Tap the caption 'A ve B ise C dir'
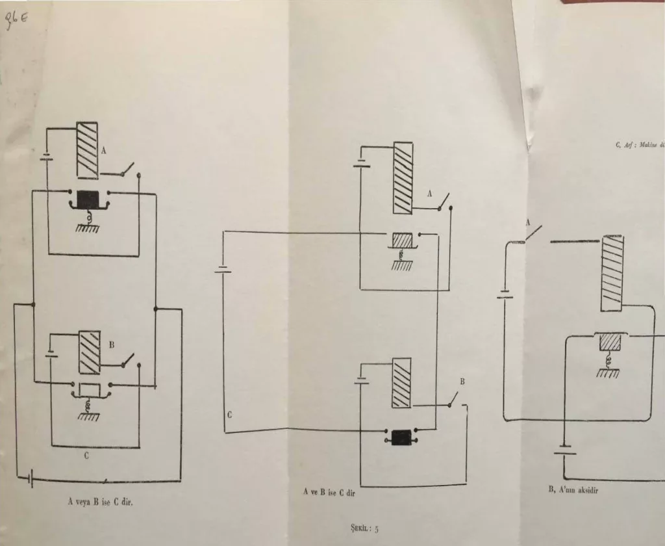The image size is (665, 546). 331,493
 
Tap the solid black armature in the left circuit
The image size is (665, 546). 88,198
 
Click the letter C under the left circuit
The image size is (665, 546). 86,456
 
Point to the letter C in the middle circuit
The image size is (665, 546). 230,414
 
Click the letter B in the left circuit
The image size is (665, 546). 111,345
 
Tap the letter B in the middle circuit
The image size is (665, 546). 463,382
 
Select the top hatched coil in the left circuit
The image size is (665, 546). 88,149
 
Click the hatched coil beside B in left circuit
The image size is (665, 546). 89,352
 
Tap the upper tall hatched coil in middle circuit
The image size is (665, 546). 403,178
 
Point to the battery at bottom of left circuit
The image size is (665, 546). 31,480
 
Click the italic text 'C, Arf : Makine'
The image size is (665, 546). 639,146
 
